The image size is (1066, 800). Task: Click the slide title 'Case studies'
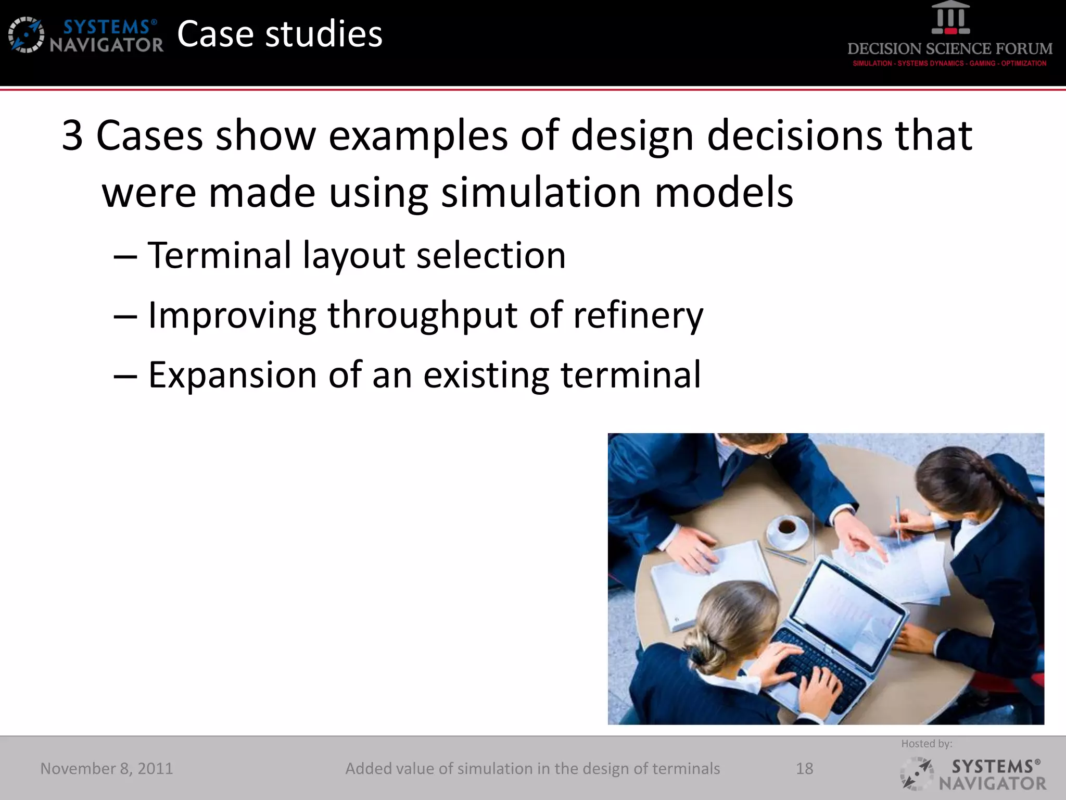pyautogui.click(x=280, y=34)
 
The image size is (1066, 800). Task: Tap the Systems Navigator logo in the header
pyautogui.click(x=86, y=35)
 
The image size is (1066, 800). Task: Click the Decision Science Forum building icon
pyautogui.click(x=950, y=18)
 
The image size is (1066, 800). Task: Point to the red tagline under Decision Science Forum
pyautogui.click(x=949, y=64)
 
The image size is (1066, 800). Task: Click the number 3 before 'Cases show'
pyautogui.click(x=73, y=136)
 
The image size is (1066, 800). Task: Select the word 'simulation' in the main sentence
pyautogui.click(x=541, y=193)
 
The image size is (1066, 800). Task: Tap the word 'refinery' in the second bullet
pyautogui.click(x=638, y=316)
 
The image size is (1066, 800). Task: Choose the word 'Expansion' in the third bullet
pyautogui.click(x=232, y=375)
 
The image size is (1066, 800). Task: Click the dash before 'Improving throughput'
pyautogui.click(x=125, y=317)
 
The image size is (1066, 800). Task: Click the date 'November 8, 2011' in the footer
pyautogui.click(x=107, y=769)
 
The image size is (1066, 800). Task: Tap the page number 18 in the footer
pyautogui.click(x=804, y=769)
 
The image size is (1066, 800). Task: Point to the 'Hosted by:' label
pyautogui.click(x=927, y=744)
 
